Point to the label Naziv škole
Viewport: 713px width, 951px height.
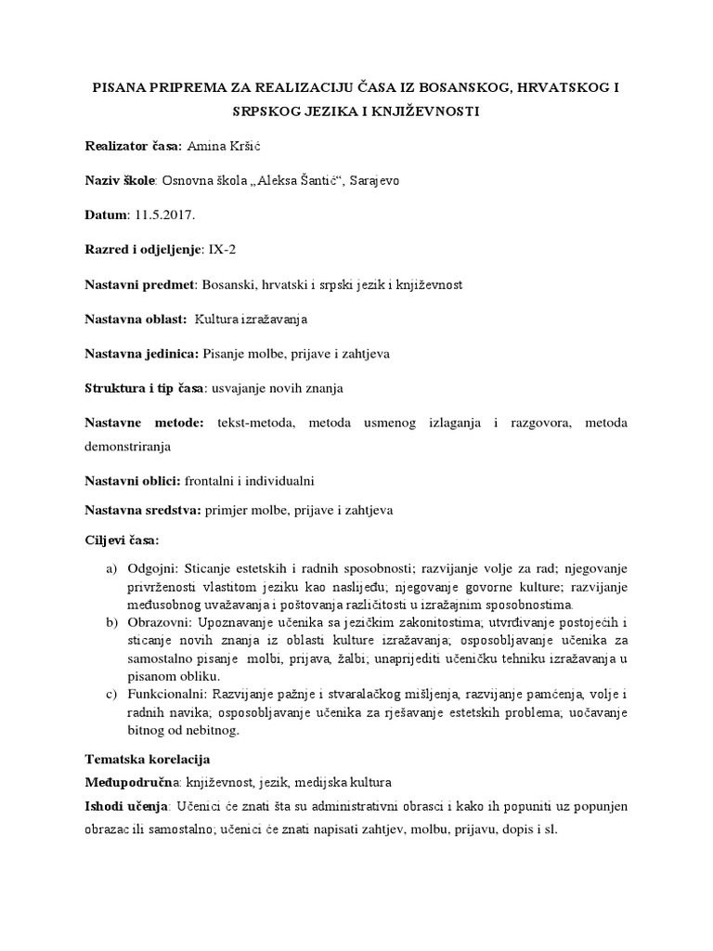tap(121, 182)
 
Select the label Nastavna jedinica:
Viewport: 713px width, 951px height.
tap(141, 354)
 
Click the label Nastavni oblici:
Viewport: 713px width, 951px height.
tap(133, 482)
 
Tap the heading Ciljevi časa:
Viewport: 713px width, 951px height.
tap(122, 540)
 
